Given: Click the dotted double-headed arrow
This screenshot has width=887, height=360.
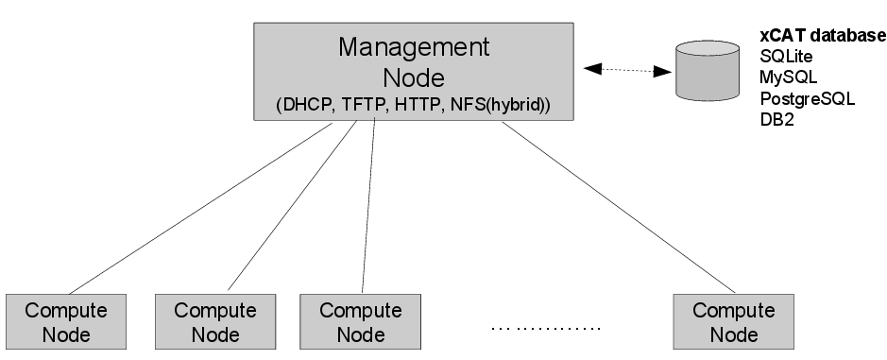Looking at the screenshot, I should pyautogui.click(x=622, y=69).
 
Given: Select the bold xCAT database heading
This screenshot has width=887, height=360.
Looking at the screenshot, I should pyautogui.click(x=822, y=36).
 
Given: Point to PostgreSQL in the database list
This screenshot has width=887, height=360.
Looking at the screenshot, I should pyautogui.click(x=807, y=98).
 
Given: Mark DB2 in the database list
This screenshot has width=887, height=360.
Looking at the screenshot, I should pyautogui.click(x=776, y=119).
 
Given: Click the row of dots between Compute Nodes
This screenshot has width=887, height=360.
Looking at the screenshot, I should pyautogui.click(x=546, y=329).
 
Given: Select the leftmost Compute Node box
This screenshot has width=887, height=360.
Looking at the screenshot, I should pyautogui.click(x=66, y=322).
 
